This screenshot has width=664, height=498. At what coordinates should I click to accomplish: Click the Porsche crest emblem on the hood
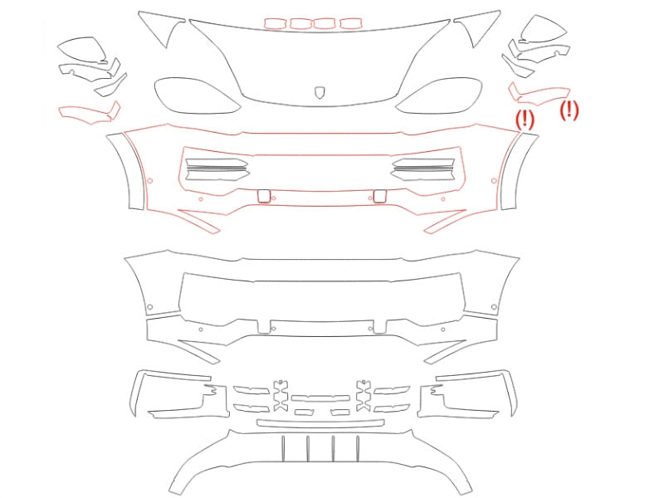click(x=320, y=93)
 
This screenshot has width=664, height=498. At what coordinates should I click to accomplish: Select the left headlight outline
click(x=197, y=95)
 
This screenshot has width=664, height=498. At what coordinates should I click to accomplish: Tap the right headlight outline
click(x=439, y=95)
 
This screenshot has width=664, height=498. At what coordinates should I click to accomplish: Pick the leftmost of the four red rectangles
click(x=276, y=23)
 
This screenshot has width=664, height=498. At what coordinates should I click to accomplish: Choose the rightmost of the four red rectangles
click(x=350, y=23)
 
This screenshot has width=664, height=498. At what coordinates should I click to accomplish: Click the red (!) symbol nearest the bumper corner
click(x=525, y=119)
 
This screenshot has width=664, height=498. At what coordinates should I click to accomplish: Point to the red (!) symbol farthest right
click(x=569, y=110)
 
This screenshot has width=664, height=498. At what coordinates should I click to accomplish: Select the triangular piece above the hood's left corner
click(x=163, y=27)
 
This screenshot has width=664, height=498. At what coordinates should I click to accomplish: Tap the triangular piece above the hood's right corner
click(x=476, y=27)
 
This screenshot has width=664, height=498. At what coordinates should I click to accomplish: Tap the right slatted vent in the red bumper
click(x=422, y=169)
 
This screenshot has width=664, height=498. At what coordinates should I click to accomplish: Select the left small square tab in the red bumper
click(x=263, y=196)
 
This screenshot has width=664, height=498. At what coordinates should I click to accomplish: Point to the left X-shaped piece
click(x=281, y=396)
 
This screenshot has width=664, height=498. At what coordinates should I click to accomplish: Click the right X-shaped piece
click(x=364, y=396)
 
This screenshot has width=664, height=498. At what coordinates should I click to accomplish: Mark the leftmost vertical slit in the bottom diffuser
click(x=283, y=448)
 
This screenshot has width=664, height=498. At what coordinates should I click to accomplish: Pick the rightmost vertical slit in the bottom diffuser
click(x=358, y=448)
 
